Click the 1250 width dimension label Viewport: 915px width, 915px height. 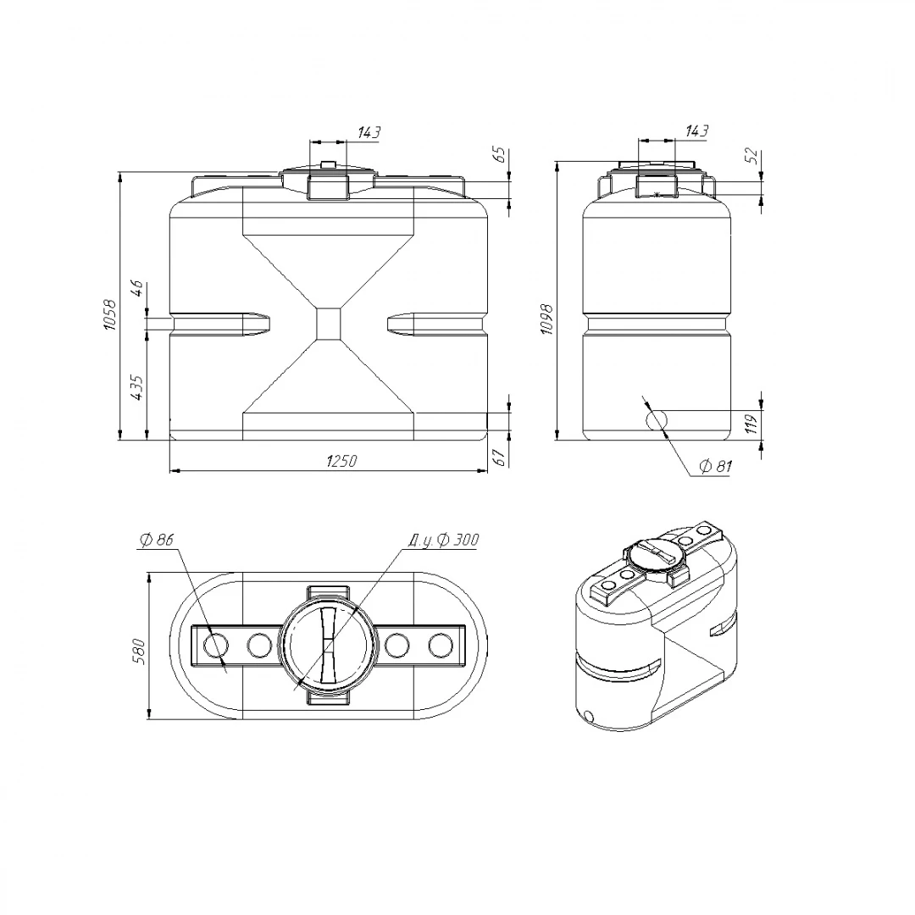coord(341,461)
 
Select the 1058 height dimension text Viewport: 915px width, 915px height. coord(110,315)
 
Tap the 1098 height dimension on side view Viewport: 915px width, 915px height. coord(546,319)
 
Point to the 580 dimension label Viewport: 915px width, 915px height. coord(139,652)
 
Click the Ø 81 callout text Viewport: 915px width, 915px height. coord(715,466)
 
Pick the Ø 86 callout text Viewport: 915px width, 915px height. coord(157,540)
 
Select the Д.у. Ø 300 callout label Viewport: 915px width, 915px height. coord(443,541)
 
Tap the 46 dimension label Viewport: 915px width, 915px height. coord(138,289)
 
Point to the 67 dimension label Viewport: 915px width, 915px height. coord(500,457)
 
